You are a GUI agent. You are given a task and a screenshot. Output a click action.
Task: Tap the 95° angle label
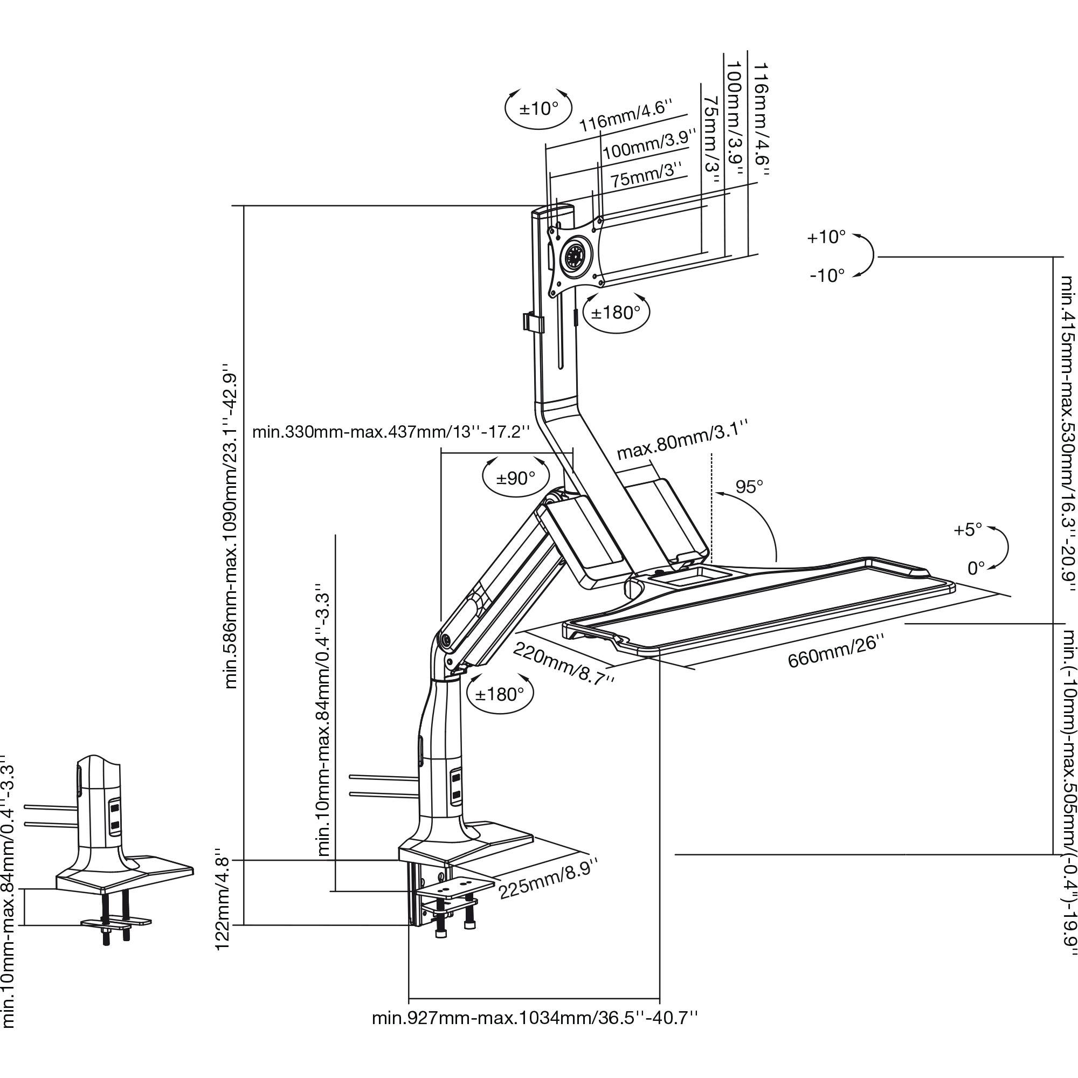pos(748,487)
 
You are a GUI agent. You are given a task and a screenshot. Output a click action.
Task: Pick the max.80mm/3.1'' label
pos(681,440)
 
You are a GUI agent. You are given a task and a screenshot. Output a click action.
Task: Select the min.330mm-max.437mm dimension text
pos(390,432)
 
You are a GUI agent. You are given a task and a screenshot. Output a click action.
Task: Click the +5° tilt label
pos(968,529)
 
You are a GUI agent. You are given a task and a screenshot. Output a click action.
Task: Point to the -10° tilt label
pos(827,275)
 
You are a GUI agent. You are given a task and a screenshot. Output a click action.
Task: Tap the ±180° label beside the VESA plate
pos(616,313)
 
